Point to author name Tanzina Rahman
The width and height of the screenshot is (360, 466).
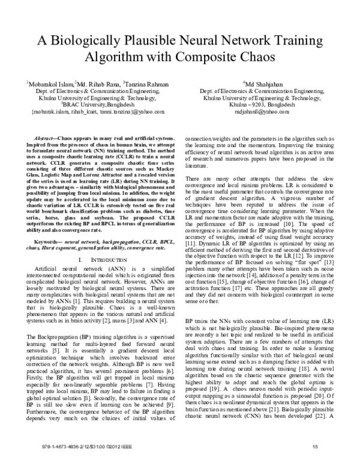[143, 84]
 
